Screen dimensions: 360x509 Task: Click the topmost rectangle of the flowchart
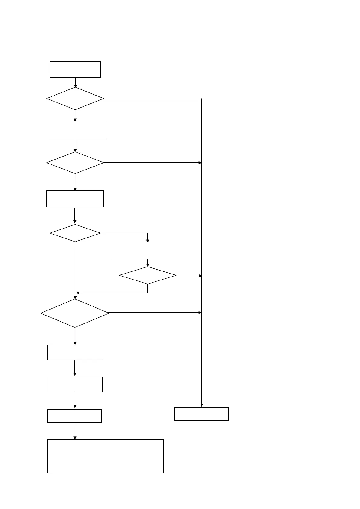[x=75, y=69]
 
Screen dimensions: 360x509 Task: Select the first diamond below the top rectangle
[x=75, y=99]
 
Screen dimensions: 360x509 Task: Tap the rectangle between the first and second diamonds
[x=77, y=130]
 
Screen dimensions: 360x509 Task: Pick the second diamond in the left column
[x=75, y=163]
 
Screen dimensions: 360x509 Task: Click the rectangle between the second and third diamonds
[x=75, y=199]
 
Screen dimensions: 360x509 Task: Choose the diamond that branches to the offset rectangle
[x=75, y=233]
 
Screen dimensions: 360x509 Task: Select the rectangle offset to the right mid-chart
[x=147, y=250]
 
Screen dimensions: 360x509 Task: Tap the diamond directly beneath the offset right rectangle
[x=148, y=275]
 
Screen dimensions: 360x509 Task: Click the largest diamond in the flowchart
[x=75, y=313]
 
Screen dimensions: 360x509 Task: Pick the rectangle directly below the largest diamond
[x=75, y=352]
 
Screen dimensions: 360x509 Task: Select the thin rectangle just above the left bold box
[x=75, y=384]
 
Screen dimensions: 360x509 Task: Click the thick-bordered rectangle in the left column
[x=75, y=416]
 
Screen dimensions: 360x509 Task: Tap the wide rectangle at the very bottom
[x=105, y=456]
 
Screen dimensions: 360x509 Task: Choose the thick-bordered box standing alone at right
[x=201, y=414]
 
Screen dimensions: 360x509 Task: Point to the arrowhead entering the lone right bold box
[x=201, y=405]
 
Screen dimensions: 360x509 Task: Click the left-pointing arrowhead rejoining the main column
[x=78, y=293]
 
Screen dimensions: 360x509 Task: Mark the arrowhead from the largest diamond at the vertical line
[x=200, y=313]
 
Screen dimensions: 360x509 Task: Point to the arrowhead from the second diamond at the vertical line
[x=200, y=163]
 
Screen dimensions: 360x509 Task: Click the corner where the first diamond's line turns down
[x=201, y=99]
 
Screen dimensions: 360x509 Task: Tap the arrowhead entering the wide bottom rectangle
[x=75, y=438]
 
